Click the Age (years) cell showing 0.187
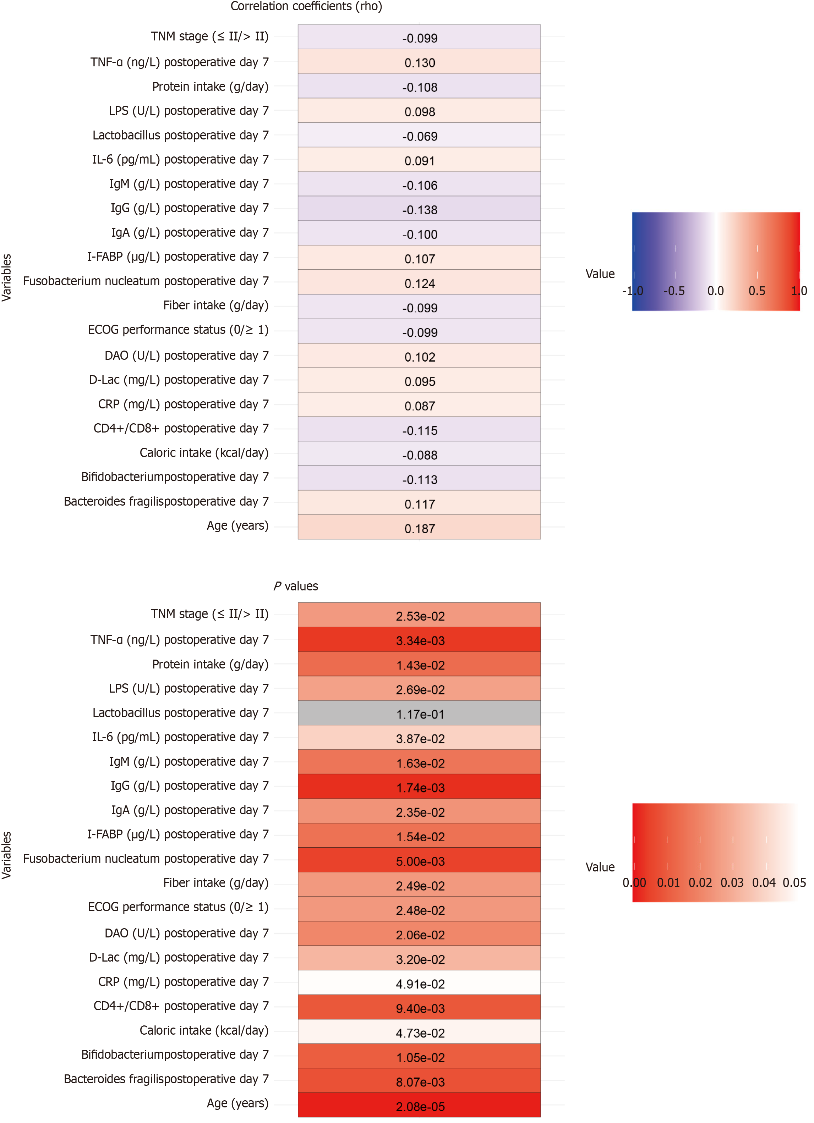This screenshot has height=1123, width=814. pyautogui.click(x=419, y=528)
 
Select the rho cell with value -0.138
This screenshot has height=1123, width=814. pyautogui.click(x=419, y=209)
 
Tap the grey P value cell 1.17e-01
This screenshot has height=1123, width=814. pyautogui.click(x=419, y=714)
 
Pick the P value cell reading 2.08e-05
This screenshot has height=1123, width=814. pyautogui.click(x=419, y=1106)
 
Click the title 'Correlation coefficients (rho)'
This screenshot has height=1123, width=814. pyautogui.click(x=306, y=6)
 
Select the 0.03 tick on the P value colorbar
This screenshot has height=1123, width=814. pyautogui.click(x=732, y=882)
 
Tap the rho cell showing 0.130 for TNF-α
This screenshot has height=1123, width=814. pyautogui.click(x=419, y=62)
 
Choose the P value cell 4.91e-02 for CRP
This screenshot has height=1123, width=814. pyautogui.click(x=419, y=983)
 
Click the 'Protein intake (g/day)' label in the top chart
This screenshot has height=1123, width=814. pyautogui.click(x=210, y=87)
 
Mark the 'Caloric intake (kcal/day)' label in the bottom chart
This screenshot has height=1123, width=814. pyautogui.click(x=204, y=1030)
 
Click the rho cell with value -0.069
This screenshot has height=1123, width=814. pyautogui.click(x=419, y=135)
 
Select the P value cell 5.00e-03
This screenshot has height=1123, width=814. pyautogui.click(x=419, y=860)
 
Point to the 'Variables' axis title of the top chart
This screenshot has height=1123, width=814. pyautogui.click(x=6, y=277)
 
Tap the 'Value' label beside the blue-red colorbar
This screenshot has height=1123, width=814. pyautogui.click(x=600, y=274)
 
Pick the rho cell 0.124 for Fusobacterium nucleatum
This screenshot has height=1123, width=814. pyautogui.click(x=419, y=283)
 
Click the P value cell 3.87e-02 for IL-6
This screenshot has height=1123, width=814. pyautogui.click(x=419, y=738)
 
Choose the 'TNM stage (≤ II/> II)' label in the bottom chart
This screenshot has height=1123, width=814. pyautogui.click(x=209, y=614)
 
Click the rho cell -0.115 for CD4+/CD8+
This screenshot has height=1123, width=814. pyautogui.click(x=419, y=430)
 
